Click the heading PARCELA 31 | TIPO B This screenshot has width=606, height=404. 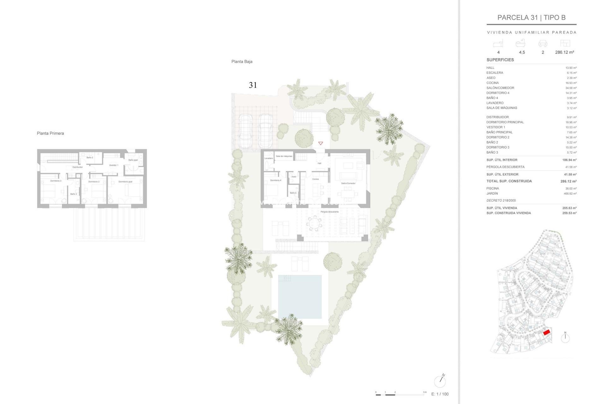[531, 18]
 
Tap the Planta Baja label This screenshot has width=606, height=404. [242, 62]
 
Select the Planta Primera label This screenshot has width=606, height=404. [50, 133]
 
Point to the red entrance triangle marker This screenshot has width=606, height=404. [321, 143]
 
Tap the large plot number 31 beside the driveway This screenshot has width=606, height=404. [253, 85]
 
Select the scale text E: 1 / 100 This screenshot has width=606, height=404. [440, 394]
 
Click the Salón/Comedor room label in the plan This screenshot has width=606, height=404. [348, 183]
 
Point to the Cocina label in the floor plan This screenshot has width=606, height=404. [315, 179]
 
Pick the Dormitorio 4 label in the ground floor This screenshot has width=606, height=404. [276, 180]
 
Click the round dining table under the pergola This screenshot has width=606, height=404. [314, 223]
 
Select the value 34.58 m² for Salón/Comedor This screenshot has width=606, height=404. [571, 88]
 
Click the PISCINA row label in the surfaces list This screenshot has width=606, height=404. [492, 188]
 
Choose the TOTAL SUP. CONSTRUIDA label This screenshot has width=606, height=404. [509, 181]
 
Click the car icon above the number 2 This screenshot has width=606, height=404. [543, 44]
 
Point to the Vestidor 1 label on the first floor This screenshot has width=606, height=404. [114, 165]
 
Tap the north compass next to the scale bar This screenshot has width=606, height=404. [440, 382]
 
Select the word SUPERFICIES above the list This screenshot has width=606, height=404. [500, 60]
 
